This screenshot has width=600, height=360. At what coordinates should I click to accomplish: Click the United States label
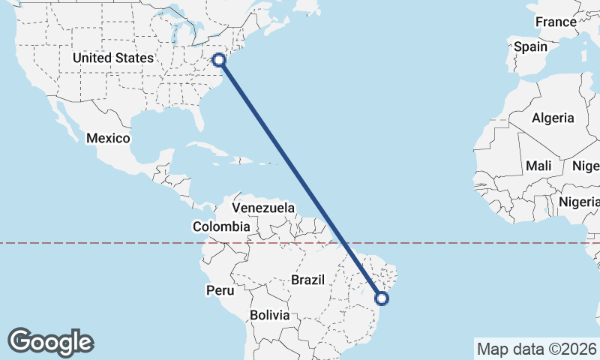click(112, 58)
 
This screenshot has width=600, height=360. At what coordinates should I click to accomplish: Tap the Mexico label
click(108, 139)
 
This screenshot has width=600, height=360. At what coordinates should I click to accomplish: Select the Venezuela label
click(263, 208)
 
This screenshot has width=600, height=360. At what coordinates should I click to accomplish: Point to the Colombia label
click(221, 226)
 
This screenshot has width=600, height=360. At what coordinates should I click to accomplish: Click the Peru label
click(221, 289)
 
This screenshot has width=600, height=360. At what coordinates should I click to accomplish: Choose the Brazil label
click(307, 280)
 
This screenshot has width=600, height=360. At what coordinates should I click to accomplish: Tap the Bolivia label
click(270, 316)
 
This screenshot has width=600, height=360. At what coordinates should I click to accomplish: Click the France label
click(556, 22)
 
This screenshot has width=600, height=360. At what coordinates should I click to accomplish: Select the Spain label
click(530, 46)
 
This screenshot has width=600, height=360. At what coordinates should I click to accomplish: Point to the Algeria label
click(553, 118)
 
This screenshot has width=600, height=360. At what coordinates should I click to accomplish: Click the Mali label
click(538, 166)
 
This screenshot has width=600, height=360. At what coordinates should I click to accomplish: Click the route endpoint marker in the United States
click(220, 60)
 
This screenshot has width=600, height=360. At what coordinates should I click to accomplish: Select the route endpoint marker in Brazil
click(382, 298)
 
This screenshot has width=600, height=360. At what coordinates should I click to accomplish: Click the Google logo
click(50, 342)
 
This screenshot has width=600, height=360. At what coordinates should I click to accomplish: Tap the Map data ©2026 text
click(538, 349)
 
